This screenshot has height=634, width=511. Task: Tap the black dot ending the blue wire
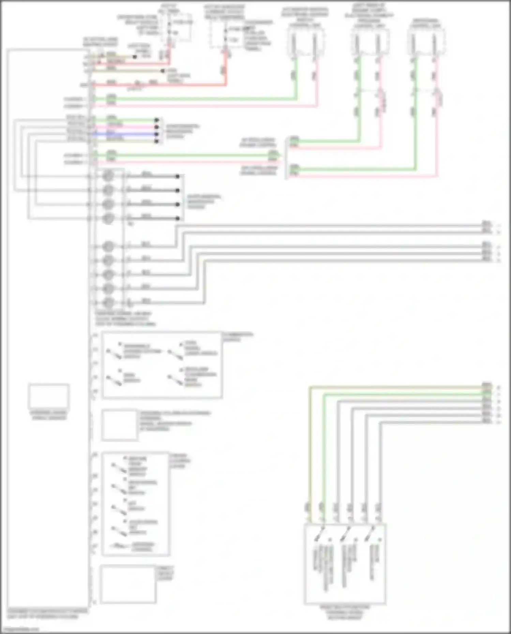click(x=156, y=134)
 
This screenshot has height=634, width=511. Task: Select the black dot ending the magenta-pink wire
click(x=156, y=127)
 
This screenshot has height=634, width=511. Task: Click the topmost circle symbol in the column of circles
click(x=108, y=176)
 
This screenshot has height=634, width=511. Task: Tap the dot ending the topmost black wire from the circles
click(x=177, y=176)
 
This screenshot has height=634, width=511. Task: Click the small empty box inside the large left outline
click(x=49, y=396)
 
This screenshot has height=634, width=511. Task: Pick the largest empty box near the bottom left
click(x=128, y=584)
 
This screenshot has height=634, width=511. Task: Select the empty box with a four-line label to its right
click(x=119, y=425)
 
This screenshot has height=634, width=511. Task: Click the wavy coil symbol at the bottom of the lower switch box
click(x=119, y=546)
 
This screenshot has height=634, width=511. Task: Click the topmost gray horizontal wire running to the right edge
click(x=327, y=226)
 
